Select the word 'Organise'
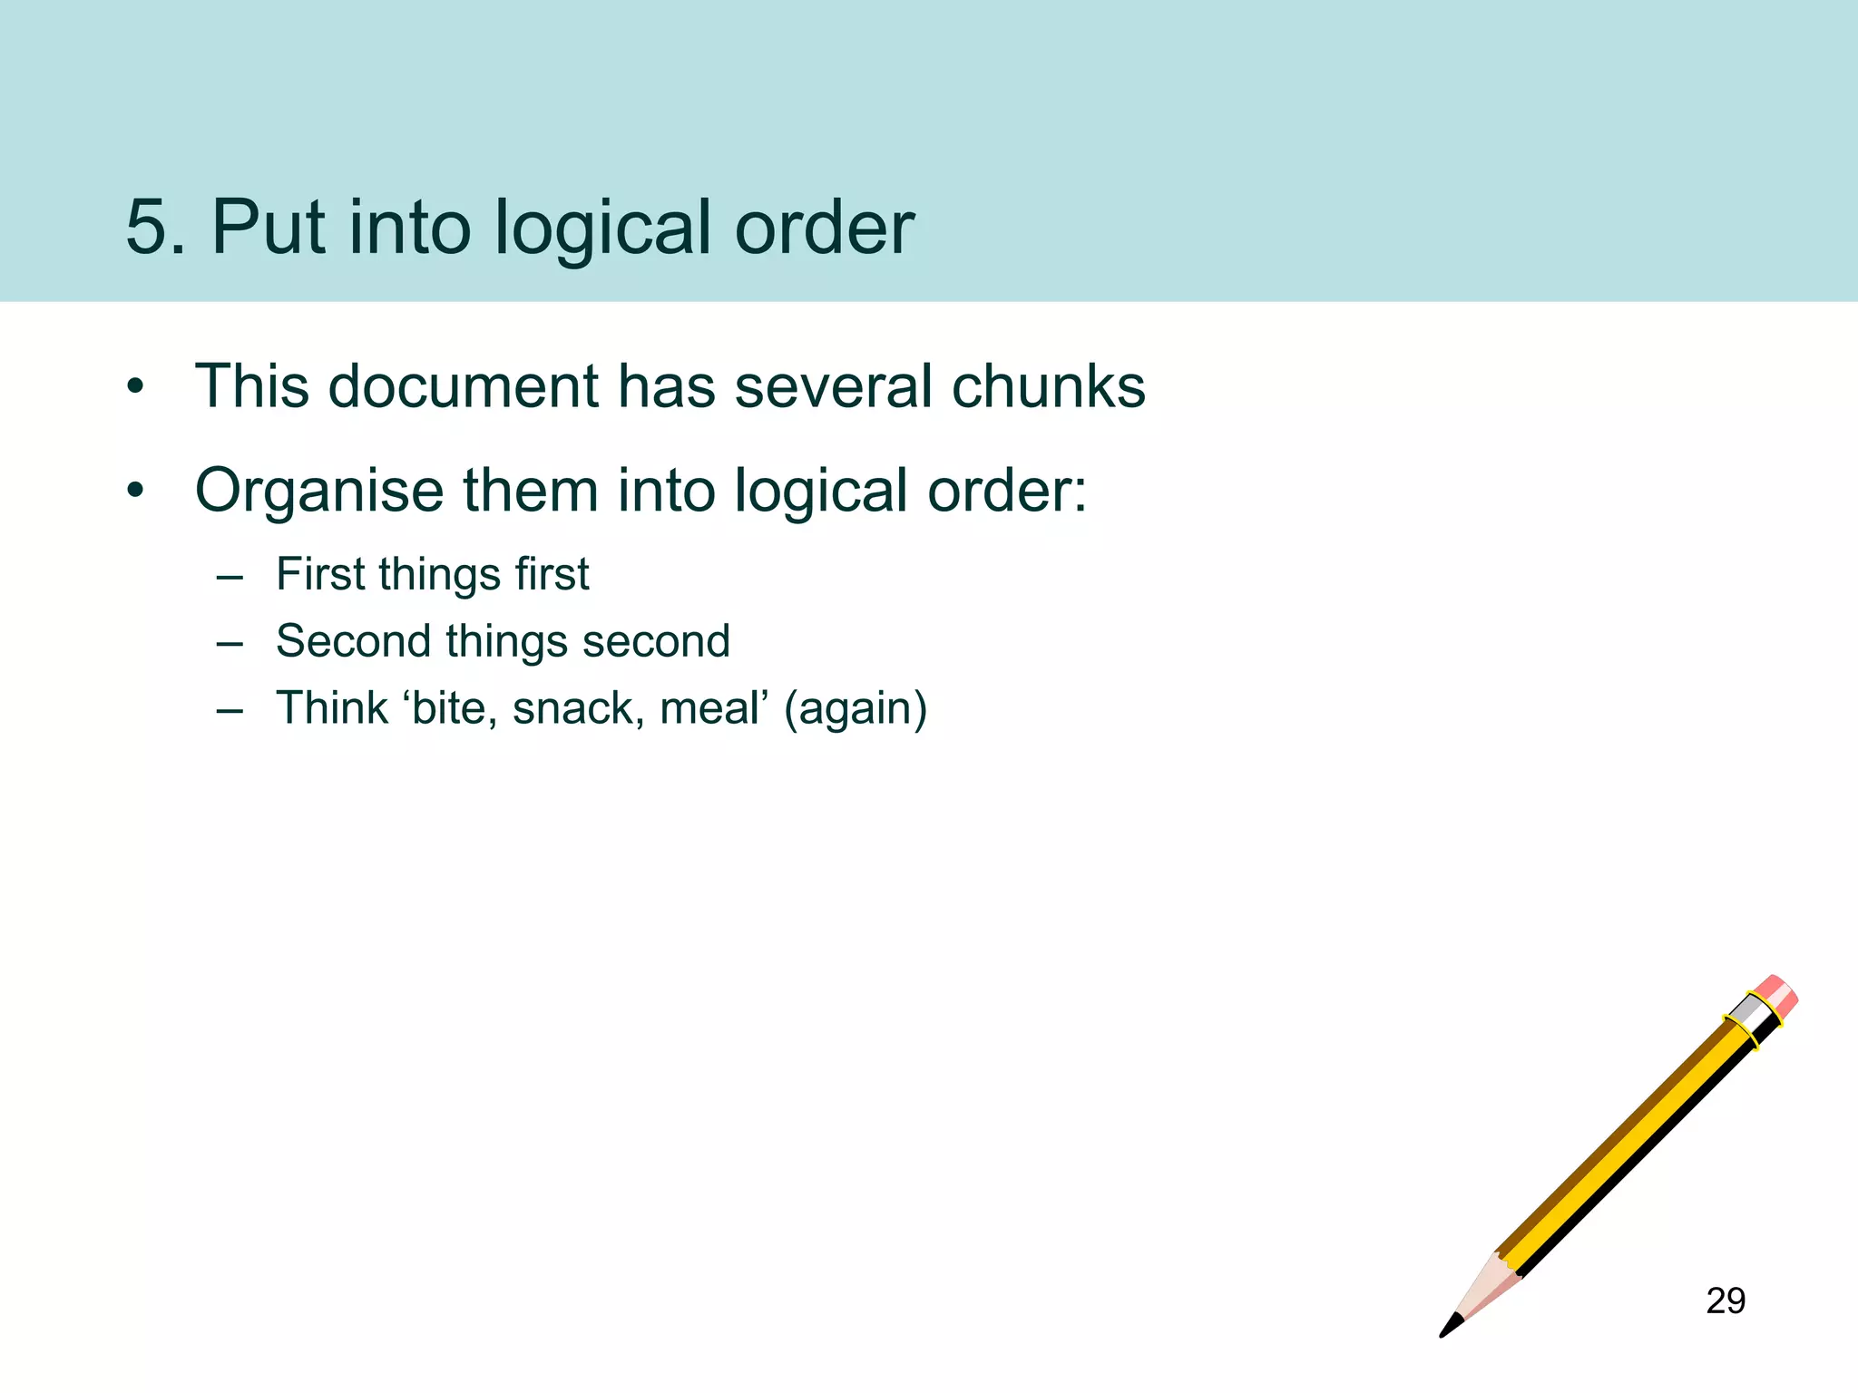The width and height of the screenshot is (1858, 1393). (x=319, y=491)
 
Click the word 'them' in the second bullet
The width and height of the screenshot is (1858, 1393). (x=532, y=491)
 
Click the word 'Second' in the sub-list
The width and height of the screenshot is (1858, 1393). (x=353, y=641)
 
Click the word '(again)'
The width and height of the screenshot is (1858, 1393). (x=856, y=709)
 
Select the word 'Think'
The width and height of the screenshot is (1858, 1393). (x=332, y=708)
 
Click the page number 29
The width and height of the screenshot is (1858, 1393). (x=1726, y=1300)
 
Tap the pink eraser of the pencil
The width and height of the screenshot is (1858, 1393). (x=1776, y=996)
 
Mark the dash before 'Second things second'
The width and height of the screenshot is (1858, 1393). (x=230, y=643)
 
